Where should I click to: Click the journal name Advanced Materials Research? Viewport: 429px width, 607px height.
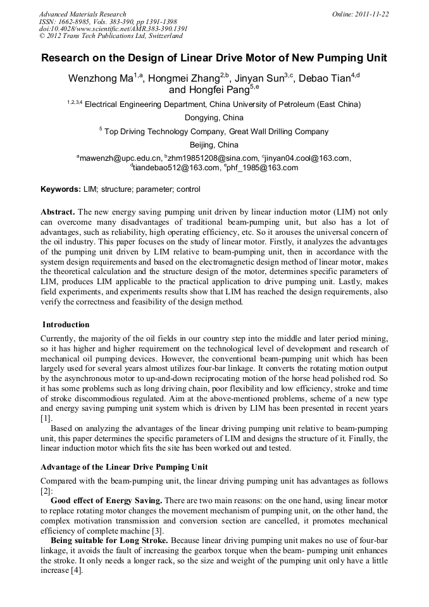click(x=82, y=14)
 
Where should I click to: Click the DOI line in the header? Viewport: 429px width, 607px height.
click(x=113, y=29)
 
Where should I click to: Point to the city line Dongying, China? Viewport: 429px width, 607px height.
click(x=214, y=118)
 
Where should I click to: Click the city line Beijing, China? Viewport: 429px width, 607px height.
click(x=214, y=145)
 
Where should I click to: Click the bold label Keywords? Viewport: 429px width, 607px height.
click(x=61, y=189)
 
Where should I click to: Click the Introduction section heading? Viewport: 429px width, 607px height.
click(x=66, y=325)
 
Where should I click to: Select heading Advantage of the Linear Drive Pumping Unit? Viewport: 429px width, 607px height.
click(x=124, y=467)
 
